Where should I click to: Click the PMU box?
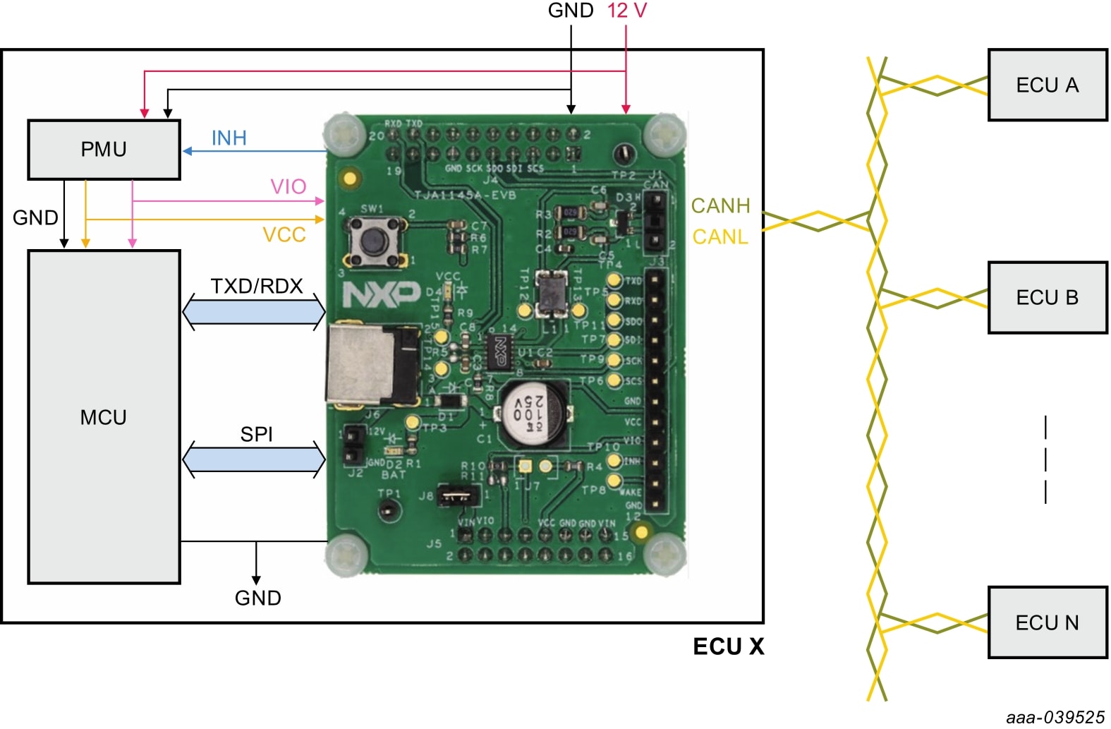click(104, 150)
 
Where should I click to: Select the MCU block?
click(104, 417)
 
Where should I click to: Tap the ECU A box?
click(1047, 85)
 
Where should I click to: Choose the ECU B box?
click(1047, 297)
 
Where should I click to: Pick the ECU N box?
click(1047, 622)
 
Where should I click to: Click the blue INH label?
click(229, 138)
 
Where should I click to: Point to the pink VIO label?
click(289, 186)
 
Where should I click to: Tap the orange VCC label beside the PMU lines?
click(284, 234)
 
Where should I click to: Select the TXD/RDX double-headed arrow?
click(254, 311)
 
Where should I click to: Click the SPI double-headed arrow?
click(254, 459)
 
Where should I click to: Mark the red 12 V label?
click(627, 11)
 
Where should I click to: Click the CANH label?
click(720, 205)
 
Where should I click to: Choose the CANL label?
click(720, 236)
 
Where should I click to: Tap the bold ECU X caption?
click(729, 646)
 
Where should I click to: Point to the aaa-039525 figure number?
click(1055, 717)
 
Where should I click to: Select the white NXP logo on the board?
click(381, 294)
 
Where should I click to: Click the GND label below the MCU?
click(257, 598)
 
